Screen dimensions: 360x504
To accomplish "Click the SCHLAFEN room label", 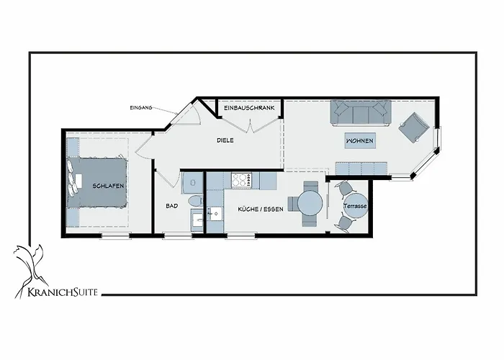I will (x=108, y=186).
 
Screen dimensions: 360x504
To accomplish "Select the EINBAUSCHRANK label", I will (x=249, y=108).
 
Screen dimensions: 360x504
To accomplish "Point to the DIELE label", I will (x=225, y=140).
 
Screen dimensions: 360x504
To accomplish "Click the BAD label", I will (x=171, y=206).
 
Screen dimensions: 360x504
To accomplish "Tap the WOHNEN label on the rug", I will (x=359, y=141).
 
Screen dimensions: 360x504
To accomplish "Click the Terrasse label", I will (x=355, y=206).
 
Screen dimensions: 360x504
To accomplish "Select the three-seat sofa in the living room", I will (x=360, y=112).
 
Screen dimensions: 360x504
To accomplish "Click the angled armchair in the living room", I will (x=414, y=128).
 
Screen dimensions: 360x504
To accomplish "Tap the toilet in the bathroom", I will (x=194, y=200).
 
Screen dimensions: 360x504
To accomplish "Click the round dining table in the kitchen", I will (x=310, y=204).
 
